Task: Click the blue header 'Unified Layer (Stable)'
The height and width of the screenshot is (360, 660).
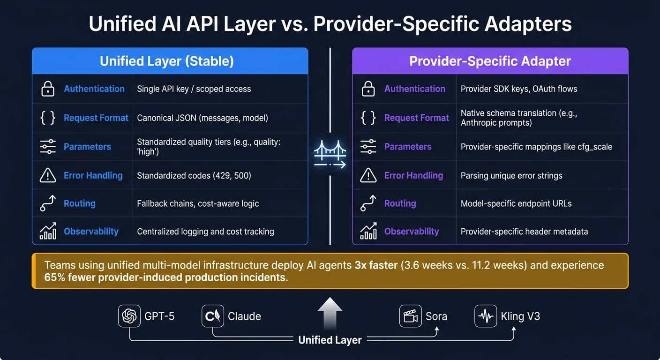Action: click(167, 61)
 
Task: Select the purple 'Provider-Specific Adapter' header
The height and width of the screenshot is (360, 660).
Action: click(490, 61)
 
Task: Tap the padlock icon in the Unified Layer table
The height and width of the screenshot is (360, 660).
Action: click(48, 89)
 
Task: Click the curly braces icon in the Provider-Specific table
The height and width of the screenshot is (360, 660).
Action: click(368, 118)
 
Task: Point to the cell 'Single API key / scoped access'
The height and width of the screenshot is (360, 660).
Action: click(194, 89)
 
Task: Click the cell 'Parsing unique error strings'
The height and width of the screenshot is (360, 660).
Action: click(511, 176)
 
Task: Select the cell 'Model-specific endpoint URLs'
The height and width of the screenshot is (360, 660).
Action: click(516, 203)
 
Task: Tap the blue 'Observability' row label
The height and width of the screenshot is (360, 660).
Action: click(91, 231)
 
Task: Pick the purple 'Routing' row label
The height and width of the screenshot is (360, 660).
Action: click(400, 203)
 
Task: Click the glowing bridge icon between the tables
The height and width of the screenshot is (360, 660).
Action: click(330, 154)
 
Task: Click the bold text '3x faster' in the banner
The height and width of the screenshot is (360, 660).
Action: click(376, 265)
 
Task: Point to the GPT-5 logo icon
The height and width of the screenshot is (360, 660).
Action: click(129, 316)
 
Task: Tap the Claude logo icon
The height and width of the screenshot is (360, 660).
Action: click(213, 316)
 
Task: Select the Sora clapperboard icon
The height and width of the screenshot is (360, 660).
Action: click(411, 316)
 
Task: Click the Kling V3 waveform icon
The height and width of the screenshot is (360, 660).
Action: click(486, 316)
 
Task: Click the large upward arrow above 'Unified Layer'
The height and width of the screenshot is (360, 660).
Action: click(330, 313)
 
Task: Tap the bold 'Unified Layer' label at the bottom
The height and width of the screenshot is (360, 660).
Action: click(330, 340)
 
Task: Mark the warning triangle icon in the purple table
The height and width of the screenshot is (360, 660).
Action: click(368, 175)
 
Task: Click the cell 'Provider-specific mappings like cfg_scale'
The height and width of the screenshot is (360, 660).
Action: click(536, 147)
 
